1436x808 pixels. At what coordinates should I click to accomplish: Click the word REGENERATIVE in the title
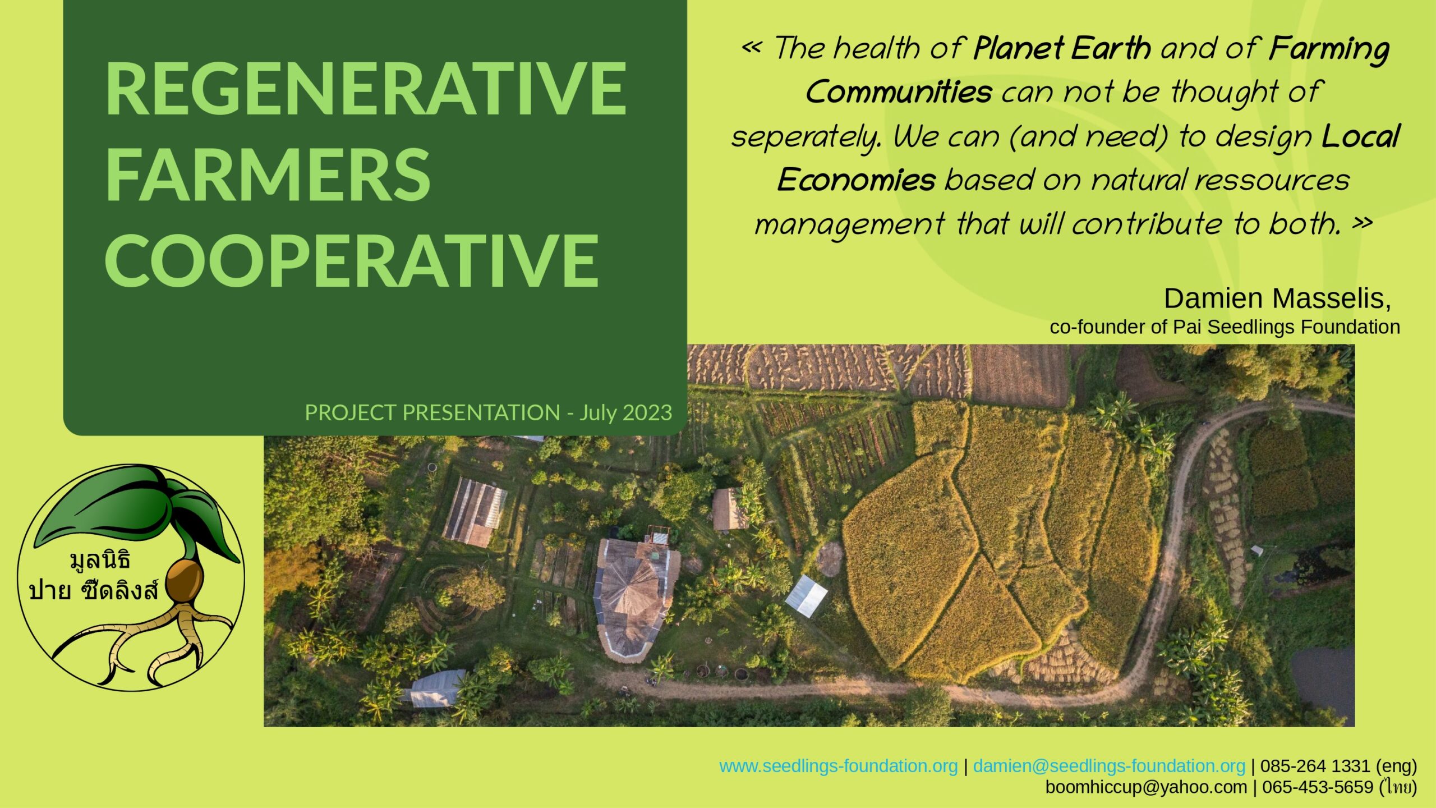coord(365,89)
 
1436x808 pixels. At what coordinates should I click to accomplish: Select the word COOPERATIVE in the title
coord(352,259)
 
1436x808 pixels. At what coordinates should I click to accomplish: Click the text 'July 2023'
coord(625,413)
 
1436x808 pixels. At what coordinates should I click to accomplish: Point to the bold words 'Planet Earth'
coord(1062,49)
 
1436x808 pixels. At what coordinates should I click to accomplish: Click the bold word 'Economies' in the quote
coord(856,180)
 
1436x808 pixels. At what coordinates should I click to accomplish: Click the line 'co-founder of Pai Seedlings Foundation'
coord(1225,327)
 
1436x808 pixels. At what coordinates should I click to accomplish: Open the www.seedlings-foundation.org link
coord(838,766)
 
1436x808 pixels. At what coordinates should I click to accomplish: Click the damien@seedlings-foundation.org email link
coord(1109,766)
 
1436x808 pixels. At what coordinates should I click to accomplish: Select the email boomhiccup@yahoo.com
coord(1146,787)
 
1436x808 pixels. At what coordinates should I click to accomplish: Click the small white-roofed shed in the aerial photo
coord(806,596)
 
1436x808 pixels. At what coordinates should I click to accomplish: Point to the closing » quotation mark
coord(1362,223)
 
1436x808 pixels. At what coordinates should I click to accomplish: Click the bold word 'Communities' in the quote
coord(899,92)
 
